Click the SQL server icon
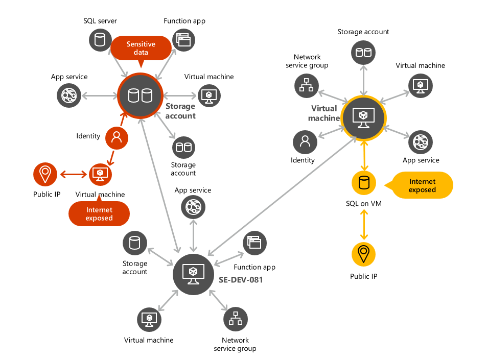tap(100, 39)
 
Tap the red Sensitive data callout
tap(141, 49)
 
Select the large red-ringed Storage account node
tap(140, 95)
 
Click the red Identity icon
tap(117, 137)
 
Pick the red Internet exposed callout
tap(99, 213)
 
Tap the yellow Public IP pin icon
tap(363, 253)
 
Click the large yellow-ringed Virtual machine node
tap(363, 117)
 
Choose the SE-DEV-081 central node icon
tap(193, 274)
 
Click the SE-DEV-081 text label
tap(241, 280)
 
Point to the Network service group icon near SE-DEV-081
tap(235, 319)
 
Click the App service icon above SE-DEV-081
tap(193, 207)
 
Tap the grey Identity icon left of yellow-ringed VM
tap(305, 141)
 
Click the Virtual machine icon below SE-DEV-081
tap(149, 319)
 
